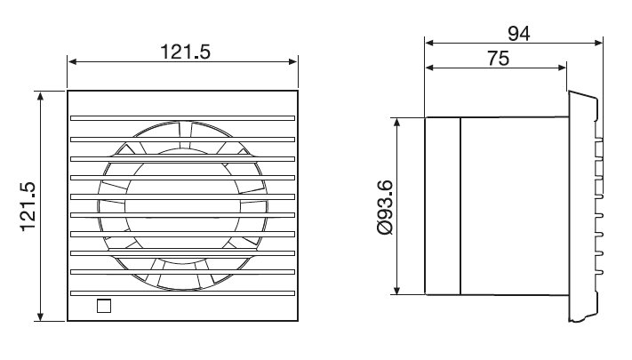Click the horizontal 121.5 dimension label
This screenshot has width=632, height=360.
coord(184,51)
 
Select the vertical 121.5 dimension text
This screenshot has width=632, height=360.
coord(26,205)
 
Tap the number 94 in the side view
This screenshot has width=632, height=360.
coord(518,34)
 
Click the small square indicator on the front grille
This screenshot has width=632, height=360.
coord(104,307)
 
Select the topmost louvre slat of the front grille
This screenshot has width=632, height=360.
coord(182,118)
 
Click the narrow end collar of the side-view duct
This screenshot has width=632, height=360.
coord(443,206)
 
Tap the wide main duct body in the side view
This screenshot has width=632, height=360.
coord(513,206)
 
